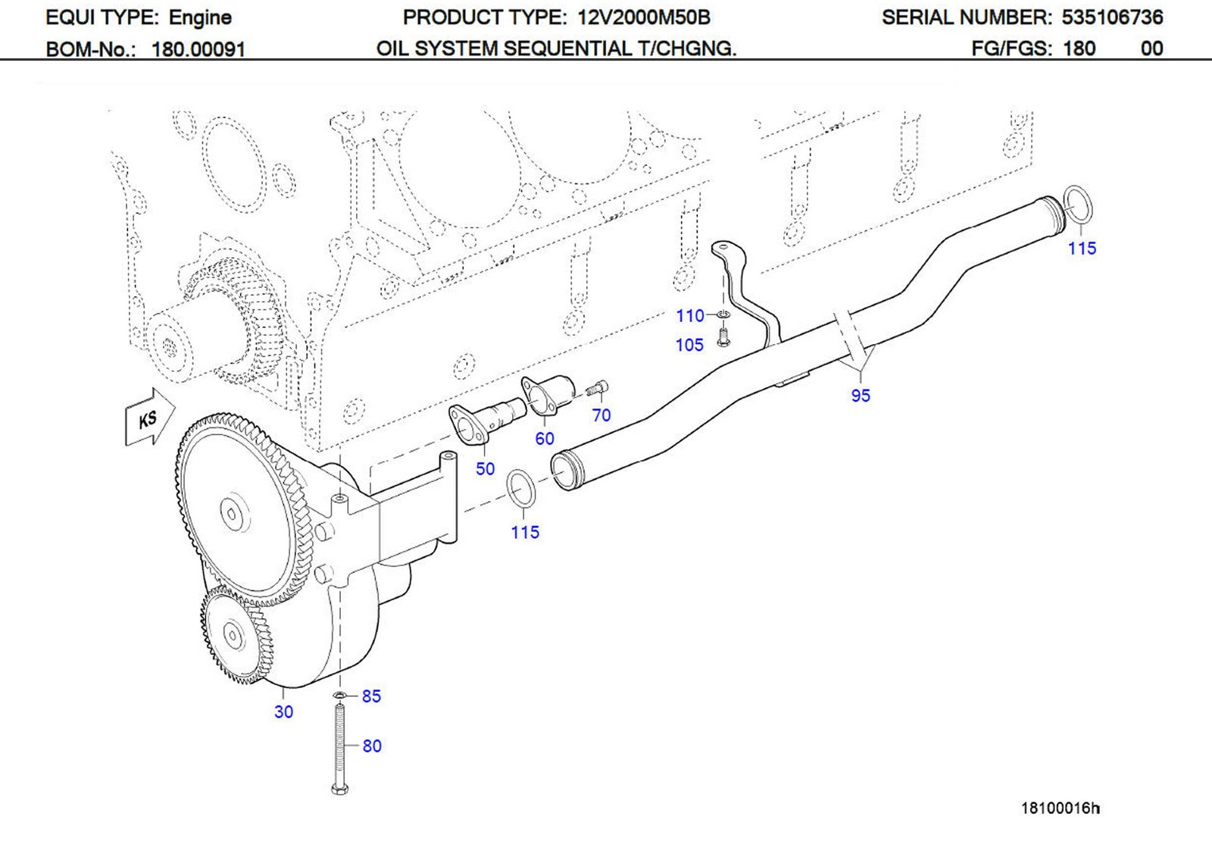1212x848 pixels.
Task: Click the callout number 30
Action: coord(283,712)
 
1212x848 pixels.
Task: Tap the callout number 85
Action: coord(371,696)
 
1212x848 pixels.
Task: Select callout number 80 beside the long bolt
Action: coord(372,746)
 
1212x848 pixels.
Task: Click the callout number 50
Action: coord(485,468)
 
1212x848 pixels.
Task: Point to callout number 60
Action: coord(544,438)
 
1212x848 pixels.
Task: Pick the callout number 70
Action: coord(601,415)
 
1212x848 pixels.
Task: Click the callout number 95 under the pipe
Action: coord(861,395)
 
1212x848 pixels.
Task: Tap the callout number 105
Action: coord(689,345)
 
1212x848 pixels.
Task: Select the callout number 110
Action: coord(690,315)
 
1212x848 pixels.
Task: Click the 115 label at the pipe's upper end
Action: coord(1082,248)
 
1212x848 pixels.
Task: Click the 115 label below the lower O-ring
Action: coord(525,532)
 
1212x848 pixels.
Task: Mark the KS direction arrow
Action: coord(149,418)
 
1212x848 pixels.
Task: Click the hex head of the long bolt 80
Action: coord(340,789)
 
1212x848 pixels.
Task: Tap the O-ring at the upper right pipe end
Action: coord(1077,204)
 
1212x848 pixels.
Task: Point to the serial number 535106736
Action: coord(1112,17)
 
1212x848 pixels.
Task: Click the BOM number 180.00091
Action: coord(198,49)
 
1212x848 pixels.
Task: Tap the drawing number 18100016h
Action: coord(1060,808)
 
